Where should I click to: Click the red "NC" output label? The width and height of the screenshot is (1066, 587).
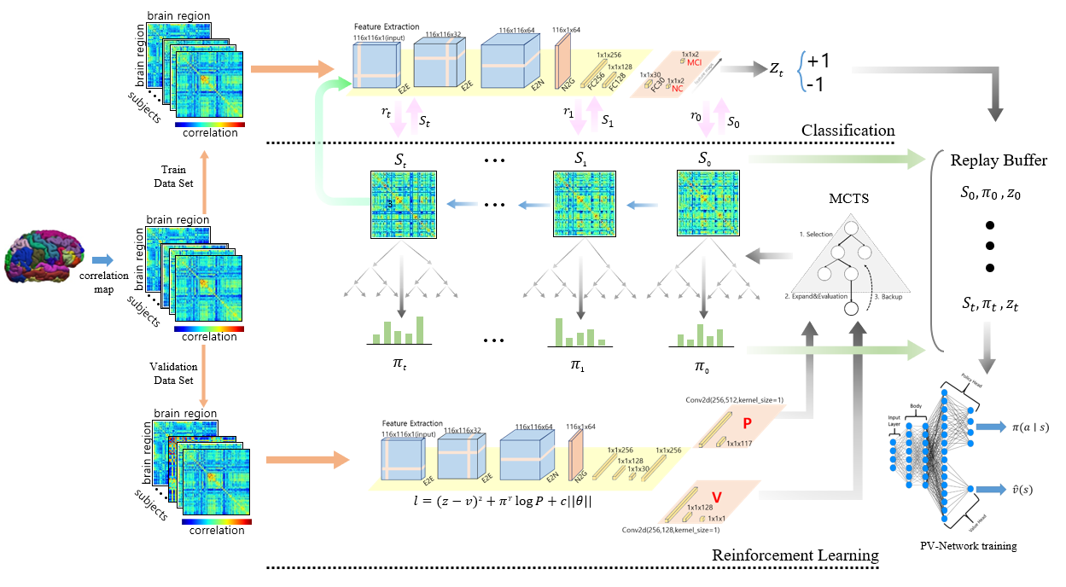pyautogui.click(x=679, y=89)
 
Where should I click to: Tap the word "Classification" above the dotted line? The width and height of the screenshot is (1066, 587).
pyautogui.click(x=848, y=131)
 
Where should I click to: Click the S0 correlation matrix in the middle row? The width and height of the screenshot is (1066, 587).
pyautogui.click(x=706, y=202)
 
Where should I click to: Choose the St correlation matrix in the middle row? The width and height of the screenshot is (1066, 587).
pyautogui.click(x=399, y=203)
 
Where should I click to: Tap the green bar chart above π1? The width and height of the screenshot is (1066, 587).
pyautogui.click(x=580, y=332)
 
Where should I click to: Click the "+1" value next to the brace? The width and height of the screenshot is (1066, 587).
pyautogui.click(x=818, y=61)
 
